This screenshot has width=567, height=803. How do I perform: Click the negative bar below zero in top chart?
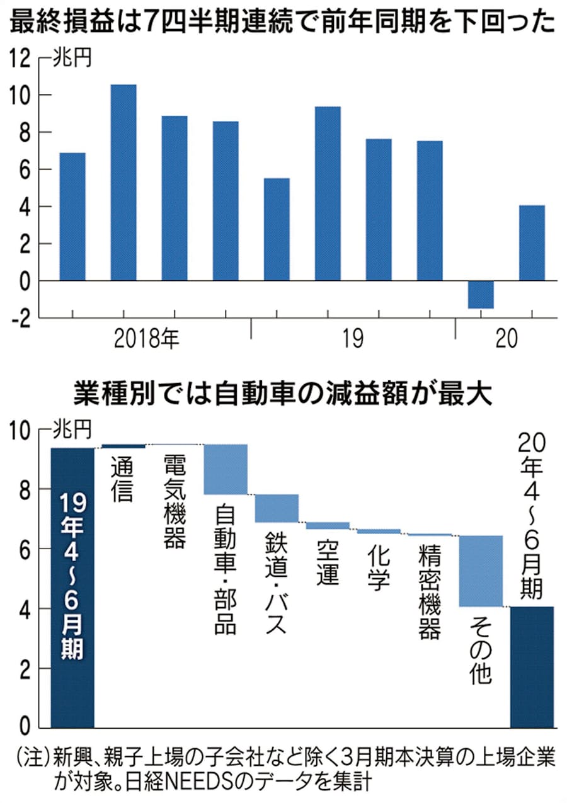[481, 294]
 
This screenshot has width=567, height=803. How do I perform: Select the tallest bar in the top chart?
[123, 183]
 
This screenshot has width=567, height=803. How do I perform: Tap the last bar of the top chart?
[532, 242]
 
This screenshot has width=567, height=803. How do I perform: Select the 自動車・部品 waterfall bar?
[226, 469]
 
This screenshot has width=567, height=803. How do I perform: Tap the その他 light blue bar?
[481, 571]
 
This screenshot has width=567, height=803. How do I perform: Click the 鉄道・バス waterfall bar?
[277, 508]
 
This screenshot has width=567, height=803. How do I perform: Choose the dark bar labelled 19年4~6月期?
[72, 586]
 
